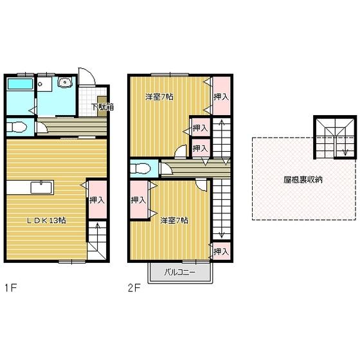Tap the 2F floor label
pyautogui.click(x=133, y=287)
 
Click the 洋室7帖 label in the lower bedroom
pyautogui.click(x=174, y=221)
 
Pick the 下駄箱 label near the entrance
pyautogui.click(x=102, y=107)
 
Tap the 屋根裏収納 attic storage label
pyautogui.click(x=303, y=179)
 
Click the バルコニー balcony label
pyautogui.click(x=180, y=272)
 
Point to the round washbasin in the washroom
pyautogui.click(x=64, y=84)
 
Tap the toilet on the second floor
pyautogui.click(x=141, y=168)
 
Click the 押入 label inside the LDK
pyautogui.click(x=96, y=200)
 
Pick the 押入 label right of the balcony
pyautogui.click(x=221, y=251)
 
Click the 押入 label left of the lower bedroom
pyautogui.click(x=138, y=200)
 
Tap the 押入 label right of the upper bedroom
pyautogui.click(x=221, y=97)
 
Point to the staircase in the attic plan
pyautogui.click(x=334, y=138)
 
